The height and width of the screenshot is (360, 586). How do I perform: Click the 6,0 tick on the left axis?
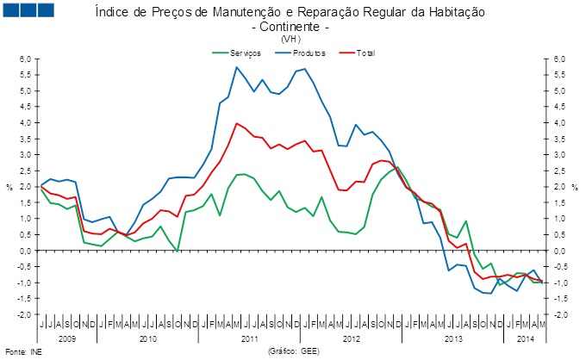(x=26, y=59)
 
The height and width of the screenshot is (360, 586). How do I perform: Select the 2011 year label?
(x=250, y=339)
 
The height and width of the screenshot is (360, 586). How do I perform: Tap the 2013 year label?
(x=452, y=339)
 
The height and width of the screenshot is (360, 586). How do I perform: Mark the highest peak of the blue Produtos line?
(x=236, y=67)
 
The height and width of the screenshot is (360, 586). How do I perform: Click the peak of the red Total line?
(x=236, y=123)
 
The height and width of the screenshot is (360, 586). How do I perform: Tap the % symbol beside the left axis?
(x=9, y=187)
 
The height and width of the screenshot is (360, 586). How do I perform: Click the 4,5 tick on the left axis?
(x=26, y=107)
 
